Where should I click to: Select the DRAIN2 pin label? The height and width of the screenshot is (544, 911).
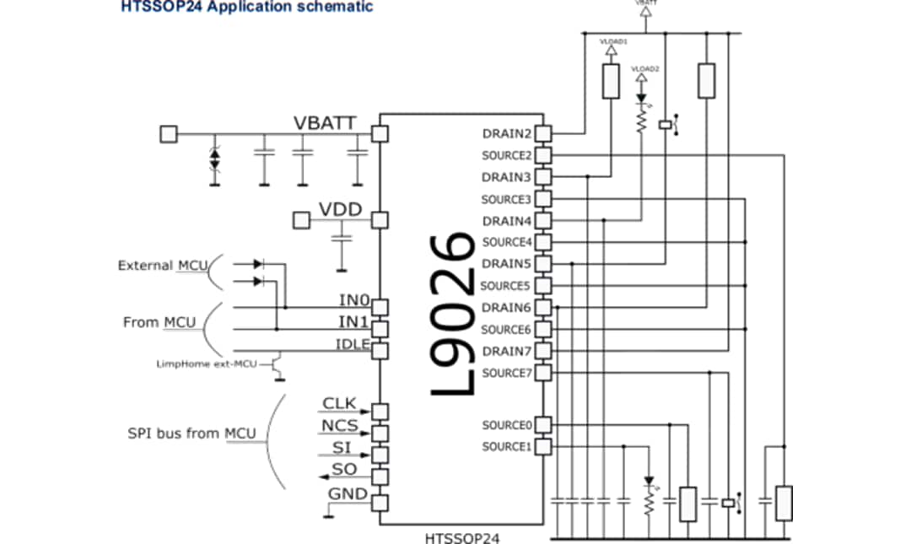click(x=506, y=133)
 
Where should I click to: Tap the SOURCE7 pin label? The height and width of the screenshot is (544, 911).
click(x=506, y=373)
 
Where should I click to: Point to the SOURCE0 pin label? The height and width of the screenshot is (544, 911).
click(x=506, y=425)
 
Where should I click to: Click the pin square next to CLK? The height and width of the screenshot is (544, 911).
click(x=380, y=411)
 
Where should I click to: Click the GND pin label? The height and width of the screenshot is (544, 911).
click(x=347, y=493)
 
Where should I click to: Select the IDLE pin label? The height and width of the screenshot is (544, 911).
click(x=353, y=342)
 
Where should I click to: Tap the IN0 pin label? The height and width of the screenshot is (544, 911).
click(x=353, y=300)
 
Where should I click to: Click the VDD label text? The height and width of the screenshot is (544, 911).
click(x=340, y=209)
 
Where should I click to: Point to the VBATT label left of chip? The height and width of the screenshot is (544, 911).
click(x=325, y=121)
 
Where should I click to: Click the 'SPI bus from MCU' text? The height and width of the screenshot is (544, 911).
click(x=191, y=434)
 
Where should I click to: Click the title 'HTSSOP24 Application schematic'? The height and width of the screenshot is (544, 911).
click(x=246, y=7)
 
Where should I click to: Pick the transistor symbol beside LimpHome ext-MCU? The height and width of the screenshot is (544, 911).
click(x=276, y=364)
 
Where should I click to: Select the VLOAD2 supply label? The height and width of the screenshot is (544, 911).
click(x=644, y=67)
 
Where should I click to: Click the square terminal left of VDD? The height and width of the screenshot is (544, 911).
click(x=300, y=221)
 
